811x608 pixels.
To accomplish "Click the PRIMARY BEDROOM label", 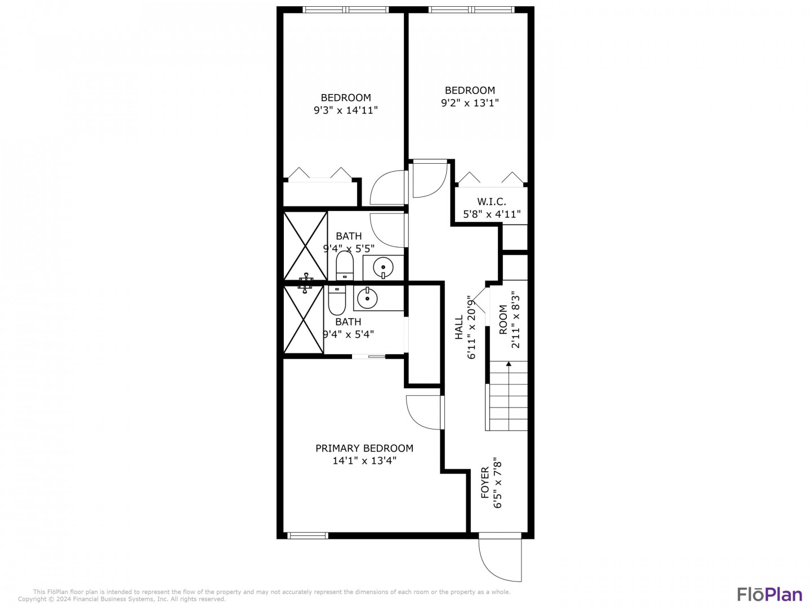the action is coord(364,448).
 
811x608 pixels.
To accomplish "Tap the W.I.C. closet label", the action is coord(492,202).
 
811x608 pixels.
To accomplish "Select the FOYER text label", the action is coord(485,482).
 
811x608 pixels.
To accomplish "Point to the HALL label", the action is coord(458,327).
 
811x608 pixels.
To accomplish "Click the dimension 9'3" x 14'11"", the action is coord(345,110).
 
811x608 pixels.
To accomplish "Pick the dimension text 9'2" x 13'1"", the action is coord(470,102).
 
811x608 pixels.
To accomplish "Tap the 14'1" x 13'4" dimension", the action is coord(364,461).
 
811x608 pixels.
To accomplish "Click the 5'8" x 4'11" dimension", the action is coord(492,214).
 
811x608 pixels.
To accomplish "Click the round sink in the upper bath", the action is coord(383,266).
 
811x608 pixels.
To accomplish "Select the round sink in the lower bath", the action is coord(367,298).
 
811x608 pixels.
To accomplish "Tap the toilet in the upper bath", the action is coord(344,265).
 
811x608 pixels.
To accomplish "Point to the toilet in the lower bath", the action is coord(337,299).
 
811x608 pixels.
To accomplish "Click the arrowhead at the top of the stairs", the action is coord(509,364).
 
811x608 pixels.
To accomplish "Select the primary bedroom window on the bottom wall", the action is coord(308,535).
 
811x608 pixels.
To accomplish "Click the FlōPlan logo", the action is coord(769,594).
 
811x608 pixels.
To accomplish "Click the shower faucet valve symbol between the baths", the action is coord(305,283).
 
